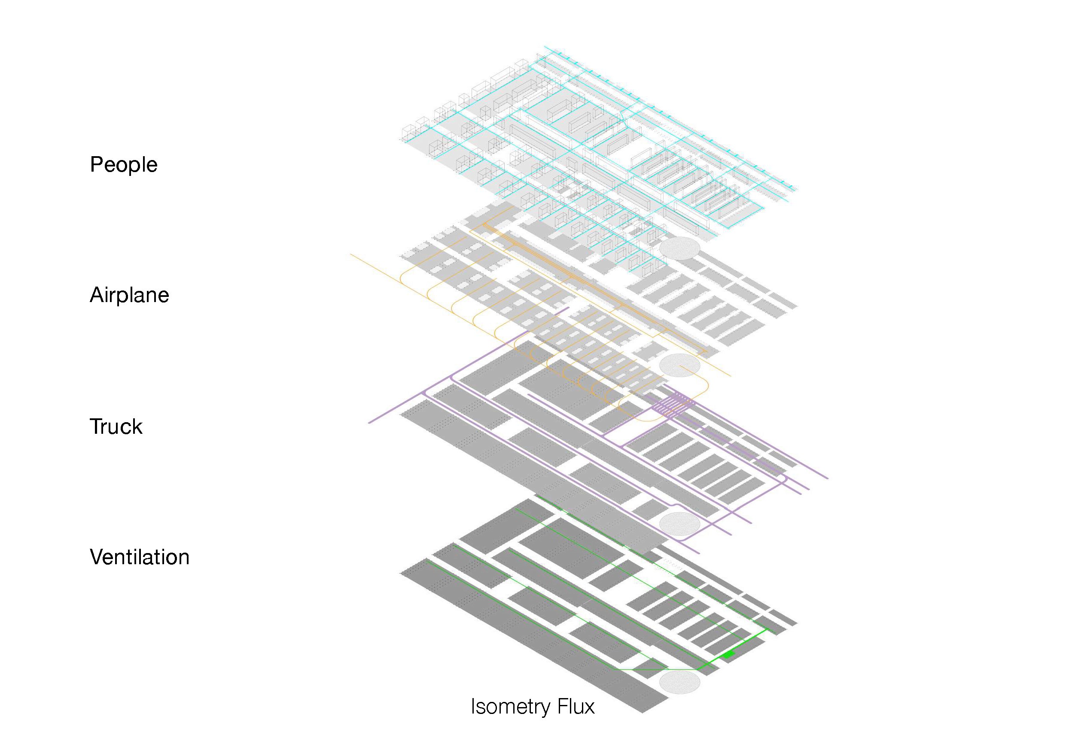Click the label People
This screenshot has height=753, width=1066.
(x=124, y=165)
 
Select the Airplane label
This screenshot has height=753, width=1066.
(x=129, y=295)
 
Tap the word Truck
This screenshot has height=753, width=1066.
(x=116, y=426)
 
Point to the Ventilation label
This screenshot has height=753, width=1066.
(x=139, y=557)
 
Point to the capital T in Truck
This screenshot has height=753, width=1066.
(x=96, y=426)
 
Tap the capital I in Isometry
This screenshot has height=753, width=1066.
(x=473, y=706)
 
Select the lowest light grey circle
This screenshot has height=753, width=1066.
(x=679, y=683)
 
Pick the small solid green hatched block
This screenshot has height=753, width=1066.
(x=728, y=655)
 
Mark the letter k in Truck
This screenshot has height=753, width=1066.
(x=137, y=426)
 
